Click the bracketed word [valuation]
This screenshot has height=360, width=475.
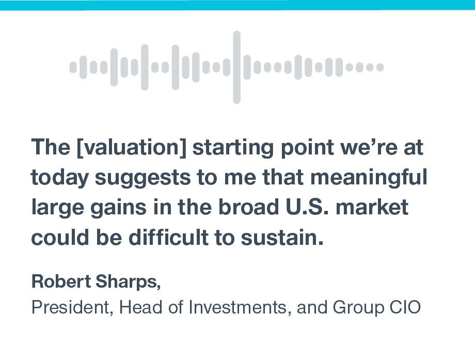(x=132, y=147)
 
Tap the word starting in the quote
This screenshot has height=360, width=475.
(x=233, y=148)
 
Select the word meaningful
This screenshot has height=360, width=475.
(x=369, y=178)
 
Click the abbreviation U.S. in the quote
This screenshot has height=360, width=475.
(x=307, y=207)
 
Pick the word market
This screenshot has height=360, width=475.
(x=372, y=207)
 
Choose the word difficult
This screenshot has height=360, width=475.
(x=168, y=237)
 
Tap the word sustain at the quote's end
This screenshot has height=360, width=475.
(x=282, y=237)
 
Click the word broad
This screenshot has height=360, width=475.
(x=249, y=207)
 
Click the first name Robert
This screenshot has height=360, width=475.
(x=61, y=281)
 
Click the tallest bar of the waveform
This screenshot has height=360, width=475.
(x=236, y=67)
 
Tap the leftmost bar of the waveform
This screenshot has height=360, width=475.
(x=73, y=67)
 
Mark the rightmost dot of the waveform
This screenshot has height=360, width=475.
(x=380, y=67)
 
